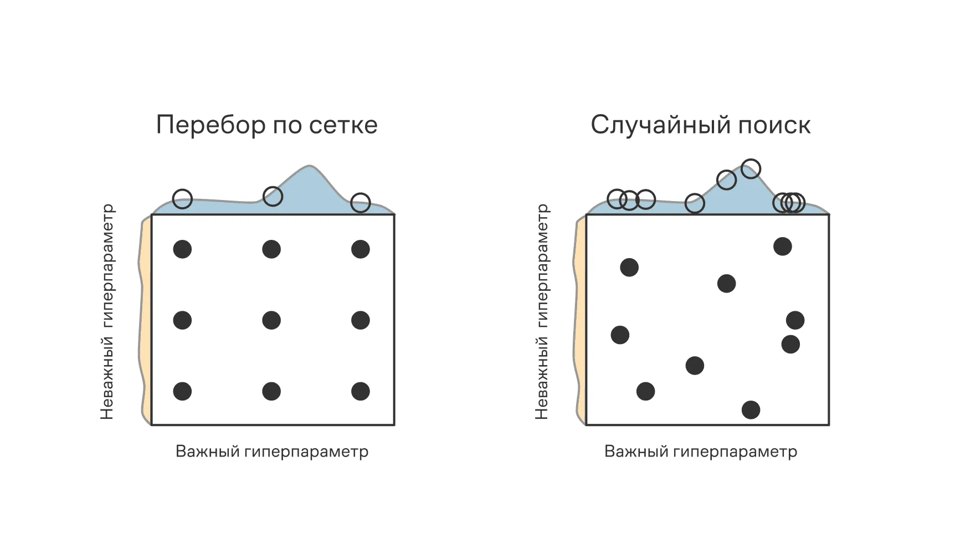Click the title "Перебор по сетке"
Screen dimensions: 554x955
266,125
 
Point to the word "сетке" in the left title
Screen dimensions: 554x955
343,125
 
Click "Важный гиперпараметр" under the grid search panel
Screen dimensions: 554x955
272,452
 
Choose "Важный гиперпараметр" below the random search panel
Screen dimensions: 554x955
701,452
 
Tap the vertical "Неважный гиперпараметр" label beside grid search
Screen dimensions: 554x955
107,312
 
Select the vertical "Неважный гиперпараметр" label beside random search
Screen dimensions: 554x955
542,312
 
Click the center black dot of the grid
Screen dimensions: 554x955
271,320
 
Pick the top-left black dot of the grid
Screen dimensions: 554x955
182,249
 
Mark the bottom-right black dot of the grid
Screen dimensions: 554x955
361,391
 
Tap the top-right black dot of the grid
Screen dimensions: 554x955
361,249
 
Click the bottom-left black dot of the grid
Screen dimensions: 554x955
182,391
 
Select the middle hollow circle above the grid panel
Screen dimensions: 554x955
273,196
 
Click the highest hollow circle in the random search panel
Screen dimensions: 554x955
751,169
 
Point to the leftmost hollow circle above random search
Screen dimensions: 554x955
617,199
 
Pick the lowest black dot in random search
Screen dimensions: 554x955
751,410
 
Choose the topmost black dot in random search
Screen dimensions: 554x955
783,247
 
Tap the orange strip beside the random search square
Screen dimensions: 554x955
581,321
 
